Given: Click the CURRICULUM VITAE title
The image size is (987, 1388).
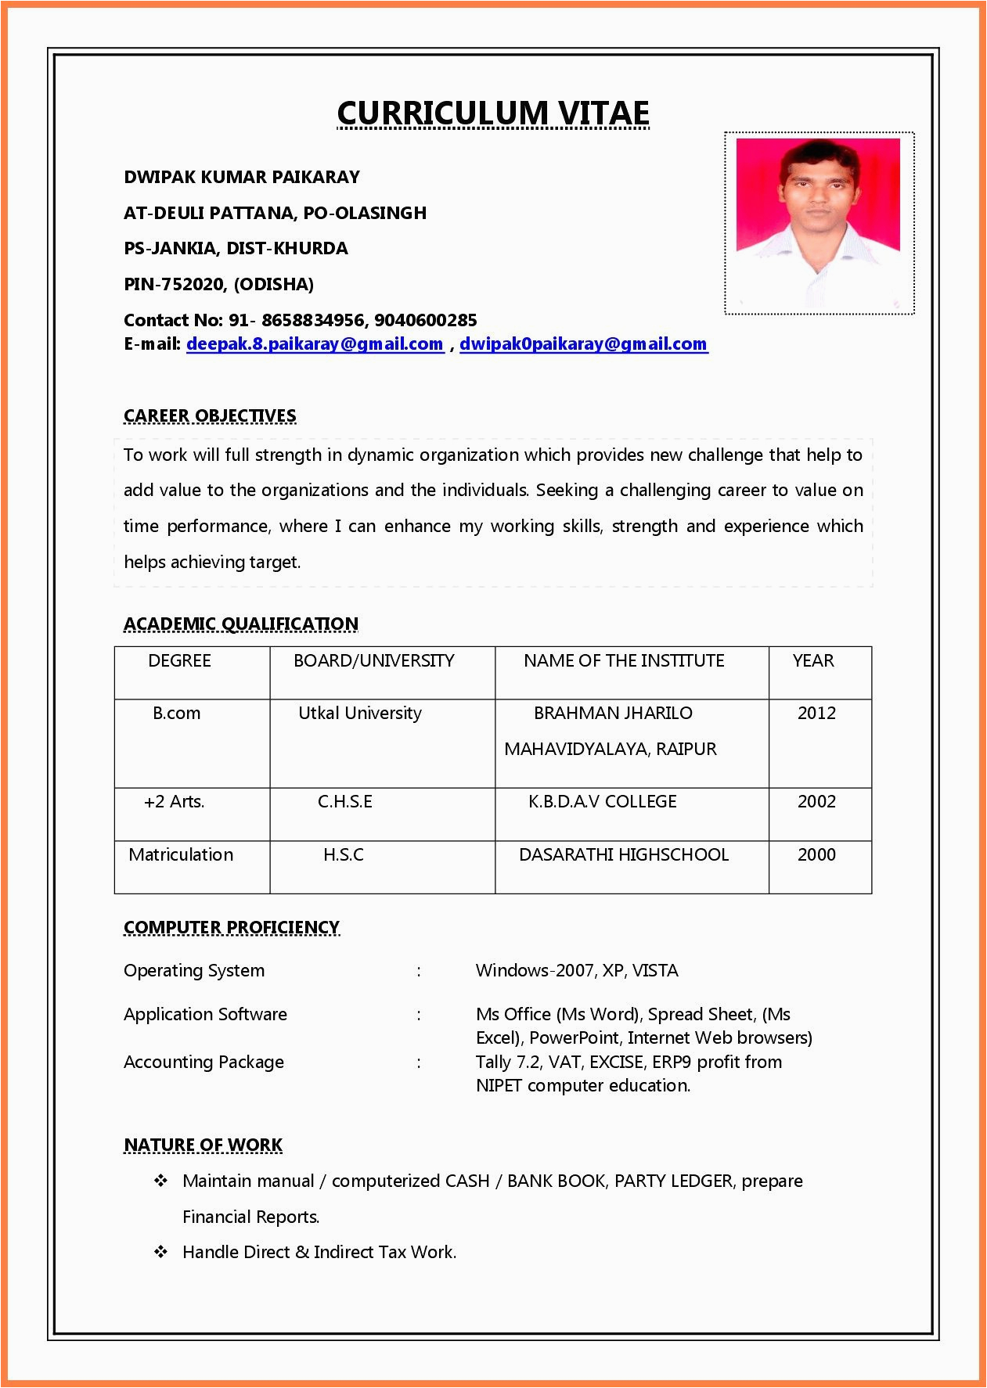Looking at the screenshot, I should pyautogui.click(x=493, y=113).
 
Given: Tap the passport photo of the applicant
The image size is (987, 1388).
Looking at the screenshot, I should pyautogui.click(x=819, y=223).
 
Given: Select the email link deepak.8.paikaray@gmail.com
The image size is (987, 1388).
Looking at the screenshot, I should pyautogui.click(x=315, y=344).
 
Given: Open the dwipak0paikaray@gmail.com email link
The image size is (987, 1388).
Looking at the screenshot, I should pyautogui.click(x=583, y=344).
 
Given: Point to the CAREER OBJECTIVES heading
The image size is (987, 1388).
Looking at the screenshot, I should pyautogui.click(x=210, y=416).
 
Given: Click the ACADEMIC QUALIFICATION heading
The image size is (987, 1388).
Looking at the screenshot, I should pyautogui.click(x=241, y=624).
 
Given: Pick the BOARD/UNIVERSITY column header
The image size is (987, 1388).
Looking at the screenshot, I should pyautogui.click(x=373, y=661).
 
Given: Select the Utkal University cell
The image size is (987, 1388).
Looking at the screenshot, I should pyautogui.click(x=360, y=714).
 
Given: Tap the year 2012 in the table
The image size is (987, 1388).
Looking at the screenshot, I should pyautogui.click(x=816, y=714).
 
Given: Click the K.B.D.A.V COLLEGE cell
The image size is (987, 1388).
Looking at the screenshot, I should pyautogui.click(x=602, y=802).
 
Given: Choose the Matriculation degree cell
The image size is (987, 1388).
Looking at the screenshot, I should pyautogui.click(x=181, y=855).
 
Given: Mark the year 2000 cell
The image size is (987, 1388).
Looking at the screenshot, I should pyautogui.click(x=816, y=855).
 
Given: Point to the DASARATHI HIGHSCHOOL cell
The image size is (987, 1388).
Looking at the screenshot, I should pyautogui.click(x=624, y=855).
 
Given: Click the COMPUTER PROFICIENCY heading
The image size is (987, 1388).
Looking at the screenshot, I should pyautogui.click(x=232, y=928).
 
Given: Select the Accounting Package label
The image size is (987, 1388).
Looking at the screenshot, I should pyautogui.click(x=204, y=1063).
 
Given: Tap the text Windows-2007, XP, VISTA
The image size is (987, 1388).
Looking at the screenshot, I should pyautogui.click(x=577, y=971).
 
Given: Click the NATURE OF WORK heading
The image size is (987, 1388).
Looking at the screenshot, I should pyautogui.click(x=203, y=1145).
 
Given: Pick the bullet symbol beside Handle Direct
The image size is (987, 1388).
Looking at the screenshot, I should pyautogui.click(x=161, y=1252).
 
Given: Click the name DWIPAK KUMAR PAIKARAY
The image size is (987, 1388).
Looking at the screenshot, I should pyautogui.click(x=242, y=178).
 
